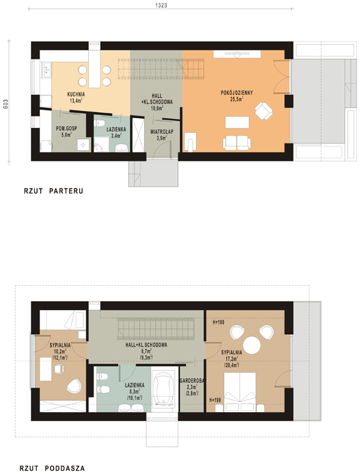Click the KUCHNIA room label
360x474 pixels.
point(76,94)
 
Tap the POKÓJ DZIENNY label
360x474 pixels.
point(236,93)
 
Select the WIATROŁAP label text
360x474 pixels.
point(162,132)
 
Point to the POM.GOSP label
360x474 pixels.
point(67,128)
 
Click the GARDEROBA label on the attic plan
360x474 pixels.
point(192,381)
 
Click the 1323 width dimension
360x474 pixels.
point(161,5)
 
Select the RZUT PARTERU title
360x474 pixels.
point(53,191)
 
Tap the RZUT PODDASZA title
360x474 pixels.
point(52,468)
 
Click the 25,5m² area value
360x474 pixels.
point(237,99)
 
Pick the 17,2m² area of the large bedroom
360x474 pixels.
point(232,359)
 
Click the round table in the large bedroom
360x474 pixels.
point(252,345)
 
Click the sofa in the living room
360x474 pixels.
point(236,142)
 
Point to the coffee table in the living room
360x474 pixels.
point(237,122)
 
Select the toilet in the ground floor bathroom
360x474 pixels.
point(100,123)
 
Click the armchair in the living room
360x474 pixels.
point(263,111)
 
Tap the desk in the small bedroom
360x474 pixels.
point(46,370)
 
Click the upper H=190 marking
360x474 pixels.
point(218,323)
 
